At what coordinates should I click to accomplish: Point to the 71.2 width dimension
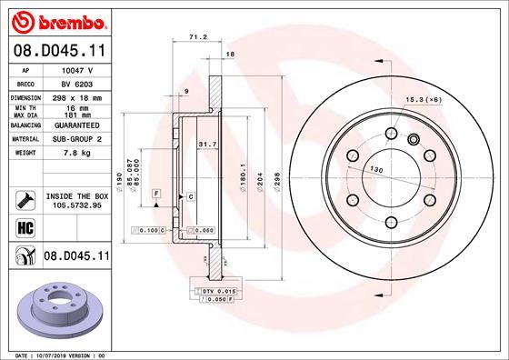[193, 38]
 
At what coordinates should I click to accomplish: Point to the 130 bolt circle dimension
[374, 170]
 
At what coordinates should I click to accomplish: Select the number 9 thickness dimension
[185, 92]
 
